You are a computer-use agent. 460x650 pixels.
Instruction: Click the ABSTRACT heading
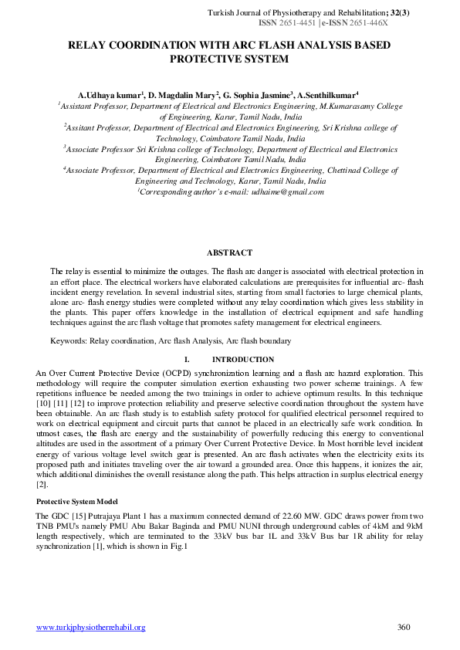[x=229, y=252]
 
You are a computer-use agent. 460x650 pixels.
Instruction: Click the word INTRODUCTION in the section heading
[x=242, y=359]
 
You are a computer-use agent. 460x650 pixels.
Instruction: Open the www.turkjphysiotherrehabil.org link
[x=91, y=627]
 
